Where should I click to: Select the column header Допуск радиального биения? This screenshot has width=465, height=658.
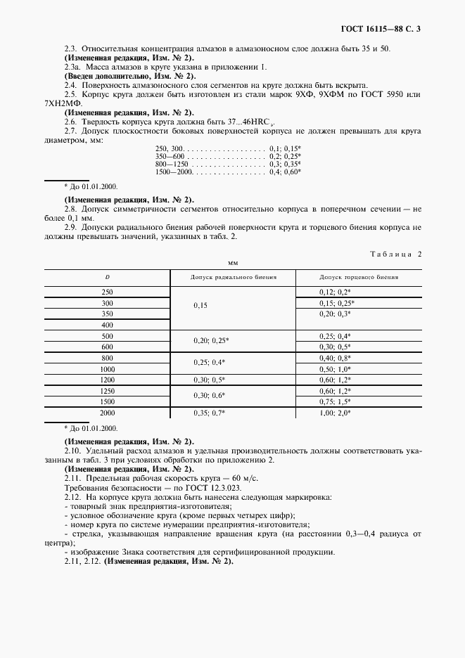[233, 277]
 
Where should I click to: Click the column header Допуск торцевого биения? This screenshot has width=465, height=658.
[359, 277]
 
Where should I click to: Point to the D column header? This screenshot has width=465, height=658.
[107, 277]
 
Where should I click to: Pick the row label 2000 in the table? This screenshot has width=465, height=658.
[107, 413]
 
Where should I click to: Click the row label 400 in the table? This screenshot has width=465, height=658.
[107, 325]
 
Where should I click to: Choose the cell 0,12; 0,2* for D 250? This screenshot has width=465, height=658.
[335, 291]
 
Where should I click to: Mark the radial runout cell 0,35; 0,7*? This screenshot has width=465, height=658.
[210, 413]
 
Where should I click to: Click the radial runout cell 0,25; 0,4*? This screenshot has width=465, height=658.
[210, 362]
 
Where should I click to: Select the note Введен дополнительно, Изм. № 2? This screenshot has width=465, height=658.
[130, 75]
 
